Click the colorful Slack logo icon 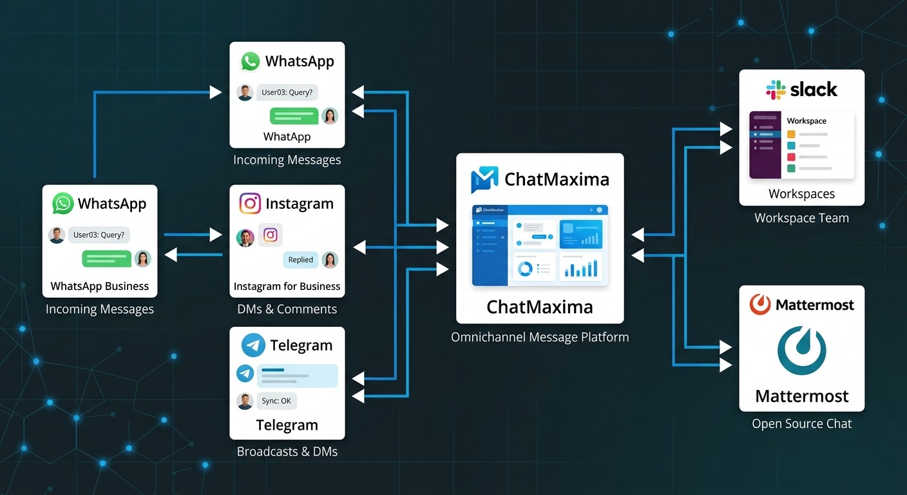[776, 90]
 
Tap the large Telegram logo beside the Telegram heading [253, 345]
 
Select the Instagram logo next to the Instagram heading [250, 204]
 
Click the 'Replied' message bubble [300, 260]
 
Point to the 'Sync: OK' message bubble [276, 401]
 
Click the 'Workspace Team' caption [801, 218]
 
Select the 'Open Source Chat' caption [801, 423]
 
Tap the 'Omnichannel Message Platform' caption [540, 336]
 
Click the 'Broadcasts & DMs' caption [287, 451]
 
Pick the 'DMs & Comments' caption [287, 309]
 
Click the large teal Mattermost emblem [801, 351]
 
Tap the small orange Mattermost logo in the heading [760, 305]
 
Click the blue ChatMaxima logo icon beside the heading [484, 180]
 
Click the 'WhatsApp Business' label [100, 286]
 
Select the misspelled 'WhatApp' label [287, 137]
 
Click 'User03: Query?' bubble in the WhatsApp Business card [99, 235]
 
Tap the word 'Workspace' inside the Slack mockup [807, 121]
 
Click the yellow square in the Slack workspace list [791, 134]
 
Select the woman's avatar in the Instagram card [330, 260]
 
